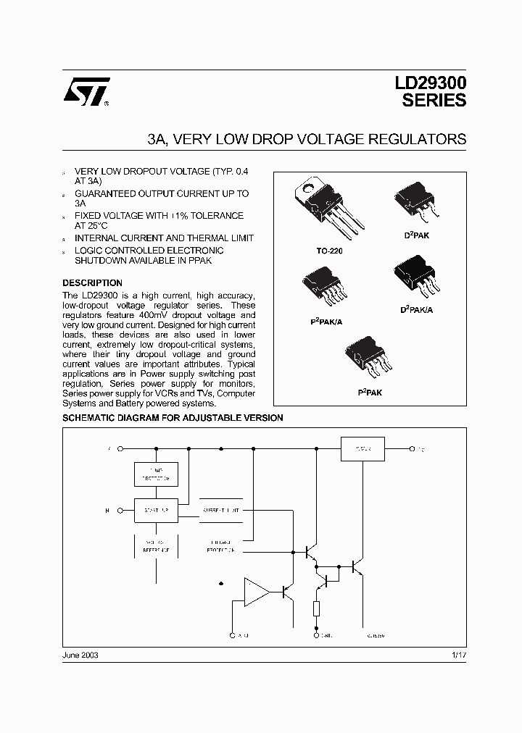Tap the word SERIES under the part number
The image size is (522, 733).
coord(434,101)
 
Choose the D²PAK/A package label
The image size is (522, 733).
coord(416,309)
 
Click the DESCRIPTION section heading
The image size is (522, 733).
coord(92,282)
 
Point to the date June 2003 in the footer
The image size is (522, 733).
coord(80,654)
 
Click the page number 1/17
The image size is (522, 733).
coord(460,654)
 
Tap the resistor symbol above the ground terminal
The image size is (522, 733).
coord(317,608)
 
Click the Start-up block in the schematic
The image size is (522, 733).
coord(156,510)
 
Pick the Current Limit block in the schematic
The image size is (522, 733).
coord(220,510)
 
